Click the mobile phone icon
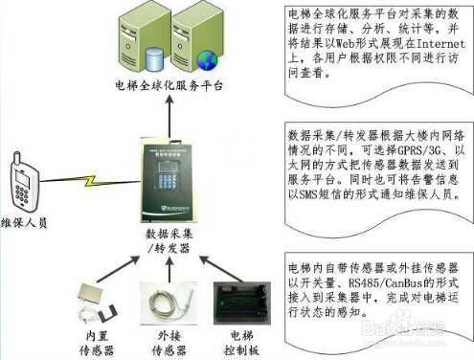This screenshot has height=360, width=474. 22,179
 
